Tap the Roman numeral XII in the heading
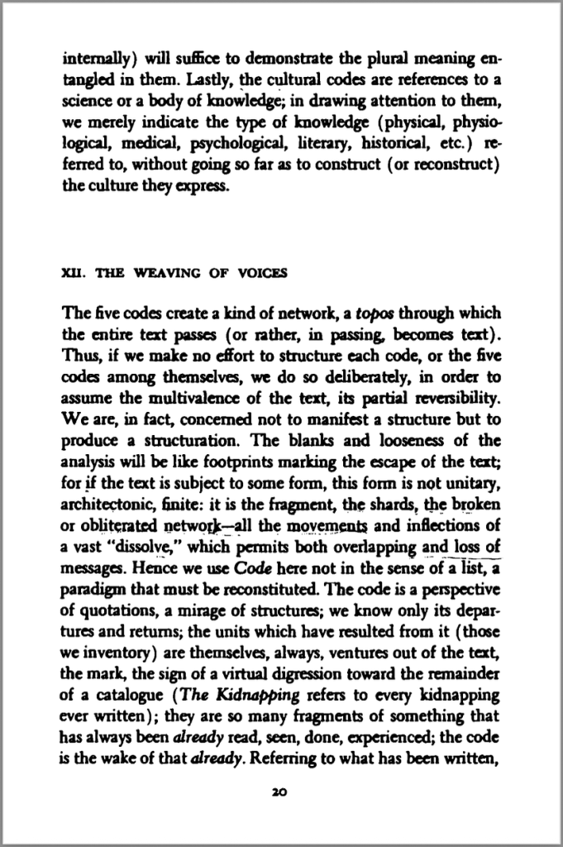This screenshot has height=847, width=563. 74,275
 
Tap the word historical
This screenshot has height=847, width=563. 395,142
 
